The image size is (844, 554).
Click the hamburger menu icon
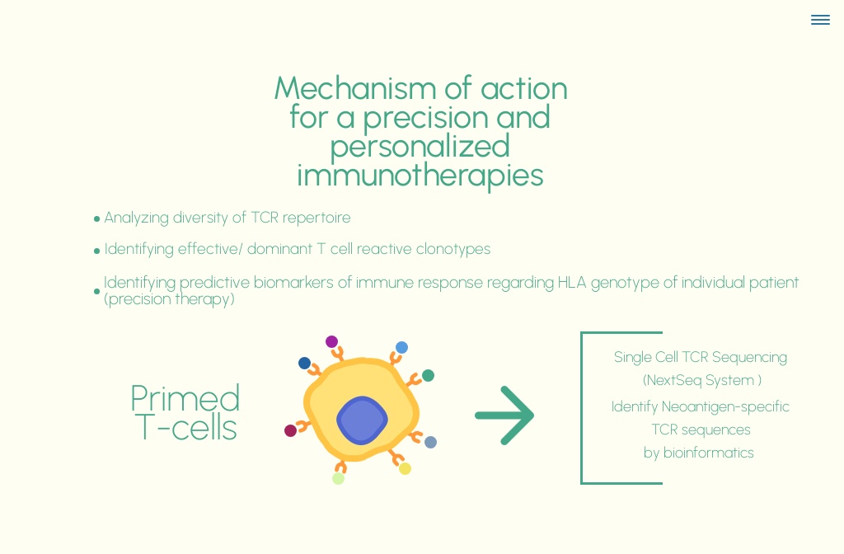pyautogui.click(x=820, y=20)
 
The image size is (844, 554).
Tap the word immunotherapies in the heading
pyautogui.click(x=420, y=175)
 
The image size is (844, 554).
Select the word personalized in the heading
pyautogui.click(x=420, y=146)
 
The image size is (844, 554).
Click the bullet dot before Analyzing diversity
pyautogui.click(x=96, y=219)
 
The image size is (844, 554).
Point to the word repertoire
pyautogui.click(x=316, y=218)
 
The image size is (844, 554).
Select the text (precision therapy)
pyautogui.click(x=169, y=299)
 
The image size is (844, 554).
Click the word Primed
pyautogui.click(x=185, y=398)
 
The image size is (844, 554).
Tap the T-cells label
pyautogui.click(x=185, y=427)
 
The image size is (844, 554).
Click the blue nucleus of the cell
pyautogui.click(x=362, y=420)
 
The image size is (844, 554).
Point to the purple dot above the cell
pyautogui.click(x=331, y=341)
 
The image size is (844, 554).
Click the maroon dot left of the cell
pyautogui.click(x=290, y=430)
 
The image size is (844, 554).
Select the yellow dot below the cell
pyautogui.click(x=405, y=468)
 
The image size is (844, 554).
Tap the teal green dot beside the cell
pyautogui.click(x=428, y=376)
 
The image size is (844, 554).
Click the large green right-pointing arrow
pyautogui.click(x=504, y=415)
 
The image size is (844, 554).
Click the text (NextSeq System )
pyautogui.click(x=701, y=380)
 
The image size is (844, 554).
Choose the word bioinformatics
pyautogui.click(x=708, y=453)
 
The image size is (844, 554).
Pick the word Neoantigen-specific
pyautogui.click(x=725, y=406)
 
